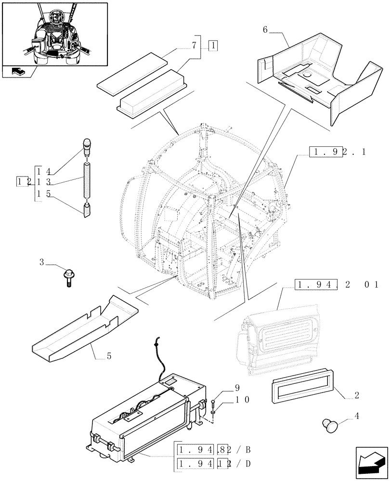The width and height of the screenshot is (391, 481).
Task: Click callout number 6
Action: pyautogui.click(x=265, y=30)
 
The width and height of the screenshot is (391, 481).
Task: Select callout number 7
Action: pyautogui.click(x=194, y=46)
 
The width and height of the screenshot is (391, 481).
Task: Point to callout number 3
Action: pyautogui.click(x=42, y=263)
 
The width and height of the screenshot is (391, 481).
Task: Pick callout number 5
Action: pyautogui.click(x=109, y=356)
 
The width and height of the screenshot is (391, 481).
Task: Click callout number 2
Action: pyautogui.click(x=356, y=395)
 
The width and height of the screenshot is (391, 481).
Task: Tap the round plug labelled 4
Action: pyautogui.click(x=330, y=425)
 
